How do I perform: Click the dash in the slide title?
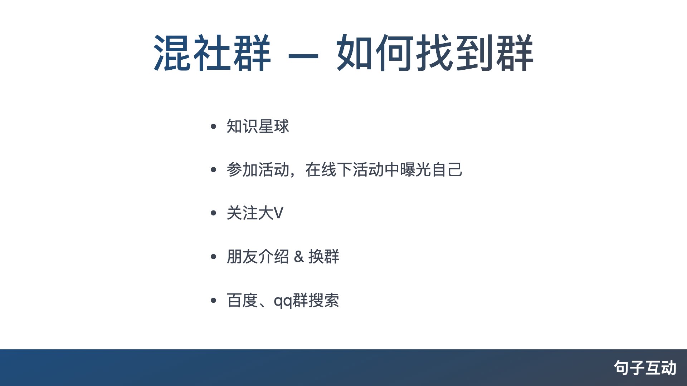pyautogui.click(x=303, y=56)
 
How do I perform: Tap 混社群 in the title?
pyautogui.click(x=212, y=53)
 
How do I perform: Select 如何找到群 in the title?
pyautogui.click(x=435, y=53)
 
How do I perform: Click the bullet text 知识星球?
pyautogui.click(x=258, y=126)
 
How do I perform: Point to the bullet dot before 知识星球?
pyautogui.click(x=214, y=126)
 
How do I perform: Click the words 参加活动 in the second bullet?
pyautogui.click(x=258, y=170)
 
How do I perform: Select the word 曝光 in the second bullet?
pyautogui.click(x=415, y=170)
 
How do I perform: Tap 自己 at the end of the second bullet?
pyautogui.click(x=447, y=170)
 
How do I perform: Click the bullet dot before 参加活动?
pyautogui.click(x=214, y=170)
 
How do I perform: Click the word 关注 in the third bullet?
pyautogui.click(x=242, y=213)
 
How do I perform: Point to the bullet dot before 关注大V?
pyautogui.click(x=214, y=213)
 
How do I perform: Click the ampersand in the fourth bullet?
pyautogui.click(x=299, y=257)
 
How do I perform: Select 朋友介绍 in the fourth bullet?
pyautogui.click(x=258, y=257)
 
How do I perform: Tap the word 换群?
pyautogui.click(x=324, y=257)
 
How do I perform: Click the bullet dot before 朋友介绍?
pyautogui.click(x=214, y=257)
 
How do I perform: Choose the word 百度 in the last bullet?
pyautogui.click(x=242, y=300)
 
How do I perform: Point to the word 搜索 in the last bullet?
pyautogui.click(x=324, y=300)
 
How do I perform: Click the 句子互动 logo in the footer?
pyautogui.click(x=645, y=368)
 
